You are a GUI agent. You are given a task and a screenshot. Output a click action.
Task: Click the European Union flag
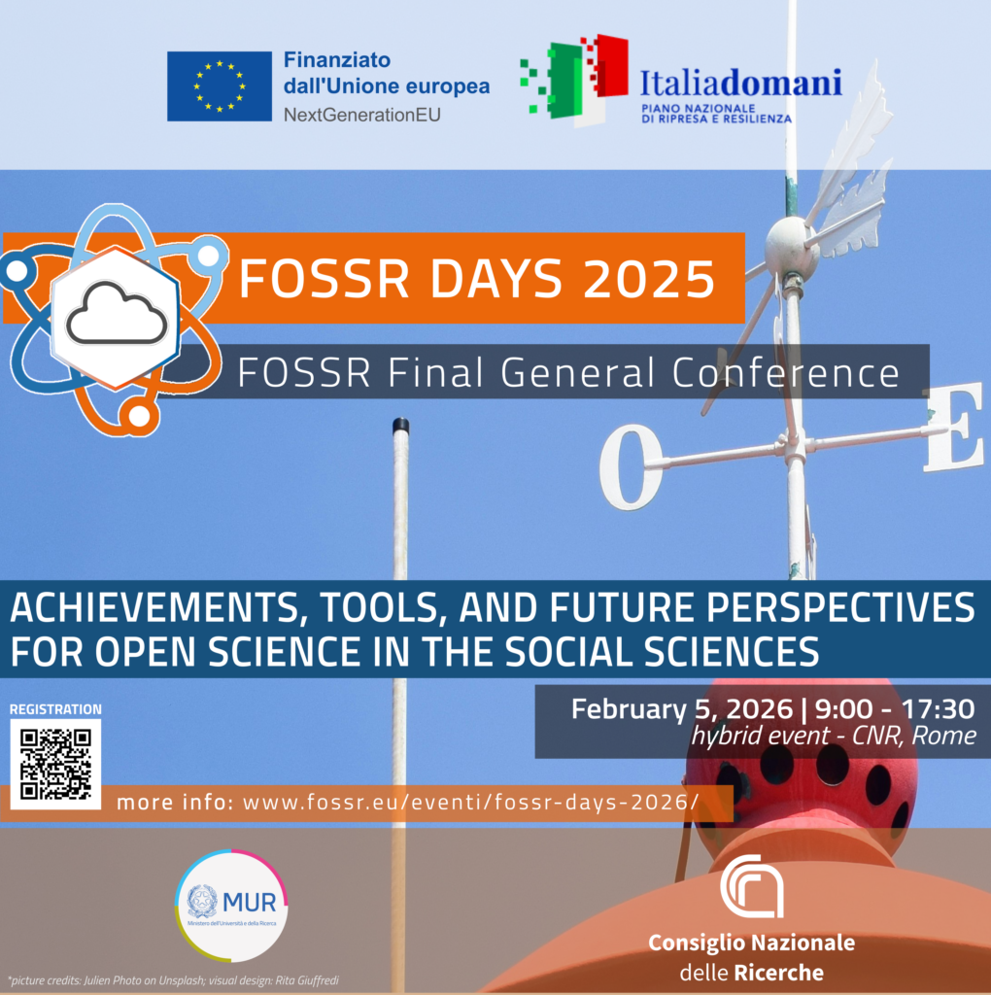pyautogui.click(x=219, y=86)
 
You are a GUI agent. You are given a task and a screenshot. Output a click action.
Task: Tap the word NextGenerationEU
pyautogui.click(x=361, y=115)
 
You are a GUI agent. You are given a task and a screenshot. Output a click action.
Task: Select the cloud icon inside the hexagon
pyautogui.click(x=117, y=314)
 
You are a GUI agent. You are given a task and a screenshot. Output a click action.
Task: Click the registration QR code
pyautogui.click(x=56, y=764)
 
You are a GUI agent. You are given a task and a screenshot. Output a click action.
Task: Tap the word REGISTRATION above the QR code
pyautogui.click(x=55, y=709)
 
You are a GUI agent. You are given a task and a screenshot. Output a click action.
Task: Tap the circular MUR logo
pyautogui.click(x=231, y=905)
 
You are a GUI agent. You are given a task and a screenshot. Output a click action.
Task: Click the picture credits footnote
pyautogui.click(x=174, y=979)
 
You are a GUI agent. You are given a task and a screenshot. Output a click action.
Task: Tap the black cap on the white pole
pyautogui.click(x=400, y=426)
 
